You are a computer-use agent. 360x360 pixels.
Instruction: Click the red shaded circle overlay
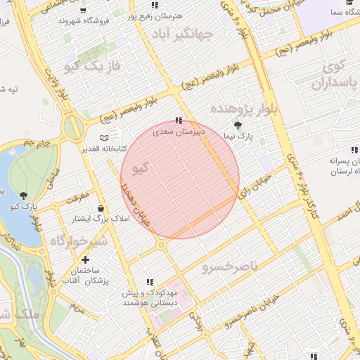pos(180,179)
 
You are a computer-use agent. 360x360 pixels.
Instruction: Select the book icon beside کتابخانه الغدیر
pos(105,138)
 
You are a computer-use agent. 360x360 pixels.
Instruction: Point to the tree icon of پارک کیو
pos(24,195)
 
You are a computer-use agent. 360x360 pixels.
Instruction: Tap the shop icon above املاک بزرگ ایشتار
pos(103,209)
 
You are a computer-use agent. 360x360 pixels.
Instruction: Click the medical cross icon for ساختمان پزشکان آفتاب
pos(85,260)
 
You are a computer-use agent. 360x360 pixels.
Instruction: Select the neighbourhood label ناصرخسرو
pos(231,268)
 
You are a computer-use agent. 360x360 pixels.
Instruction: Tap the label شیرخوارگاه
pos(77,241)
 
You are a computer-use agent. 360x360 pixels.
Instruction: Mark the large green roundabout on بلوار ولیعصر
pos(73,128)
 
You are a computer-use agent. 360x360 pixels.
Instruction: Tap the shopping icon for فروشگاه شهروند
pos(84,11)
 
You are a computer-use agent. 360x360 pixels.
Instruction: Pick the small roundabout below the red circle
pos(162,245)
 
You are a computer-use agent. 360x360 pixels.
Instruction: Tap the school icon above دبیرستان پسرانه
pos(354,150)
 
